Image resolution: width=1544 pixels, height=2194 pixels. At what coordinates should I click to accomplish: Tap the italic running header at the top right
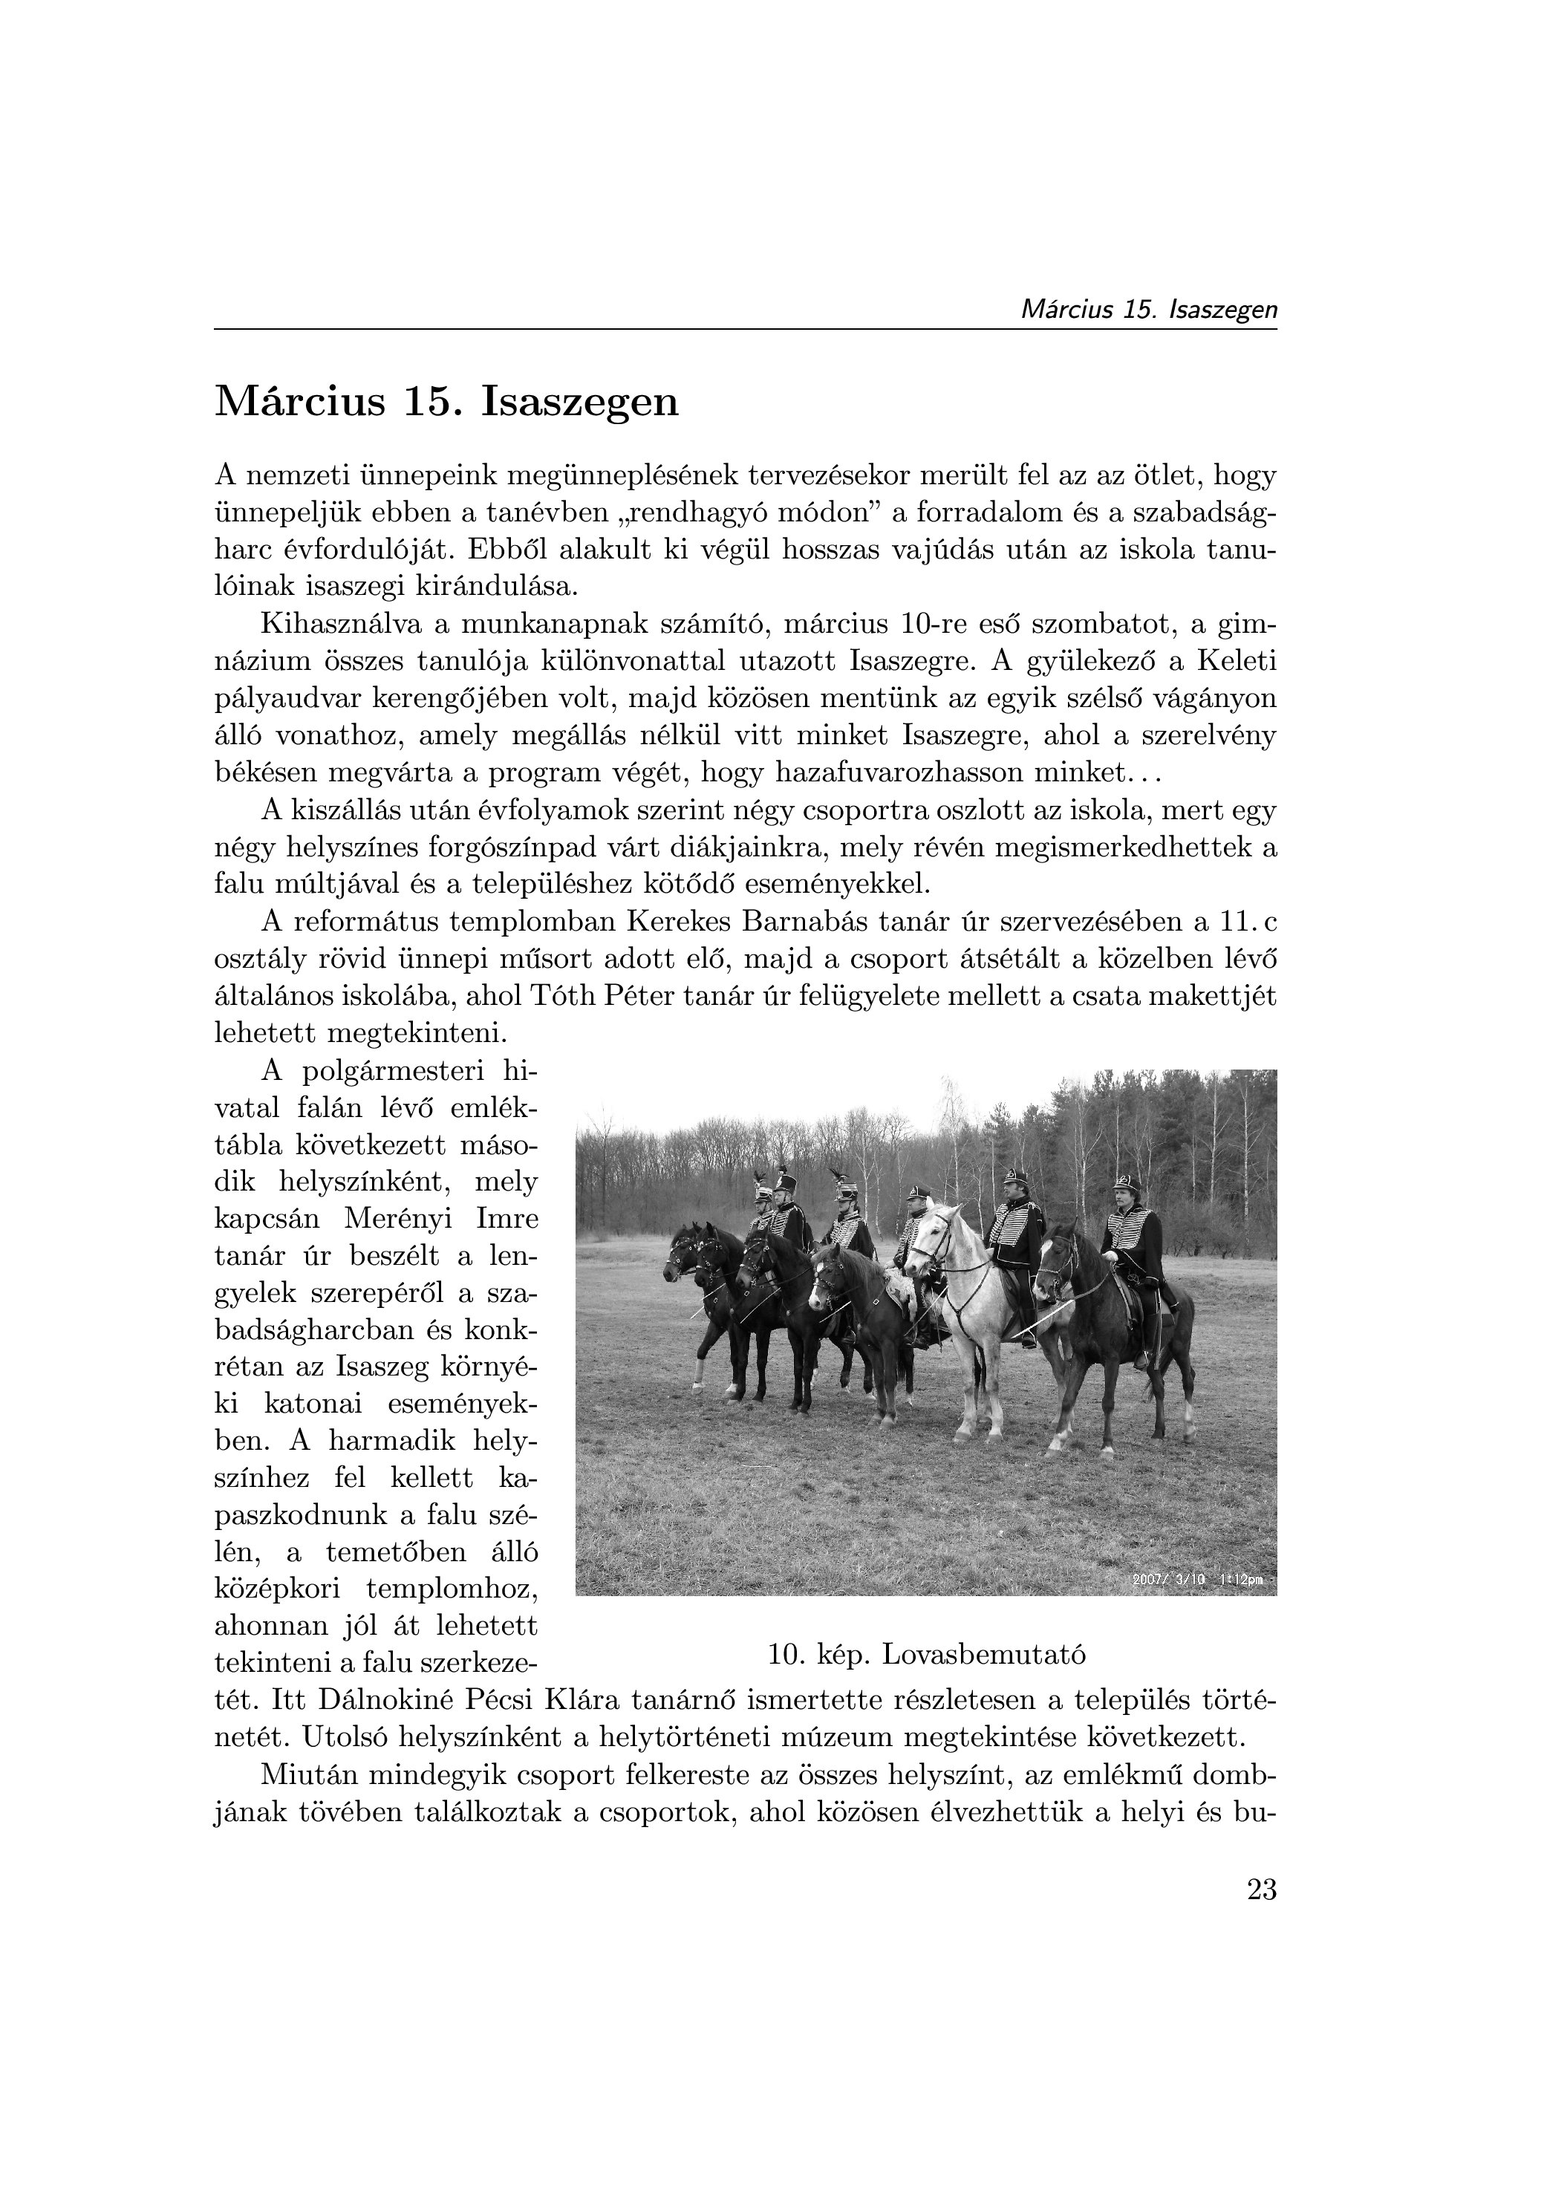pos(1148,310)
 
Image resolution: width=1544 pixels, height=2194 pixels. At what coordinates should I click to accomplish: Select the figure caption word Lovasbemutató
pos(983,1654)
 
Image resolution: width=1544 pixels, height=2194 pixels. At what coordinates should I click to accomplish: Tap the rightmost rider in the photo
pos(1134,1243)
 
